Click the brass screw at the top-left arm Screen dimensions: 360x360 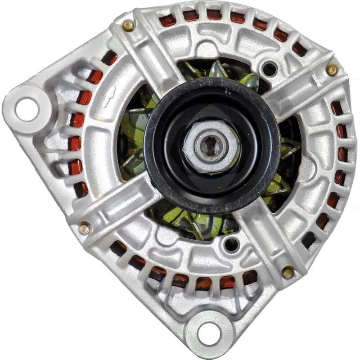129,26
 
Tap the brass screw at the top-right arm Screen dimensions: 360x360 332,69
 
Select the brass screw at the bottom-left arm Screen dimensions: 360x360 84,229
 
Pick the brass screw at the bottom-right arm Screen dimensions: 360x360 288,272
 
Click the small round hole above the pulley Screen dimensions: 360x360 269,69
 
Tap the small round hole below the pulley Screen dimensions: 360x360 231,244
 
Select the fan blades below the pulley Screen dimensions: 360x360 189,220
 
